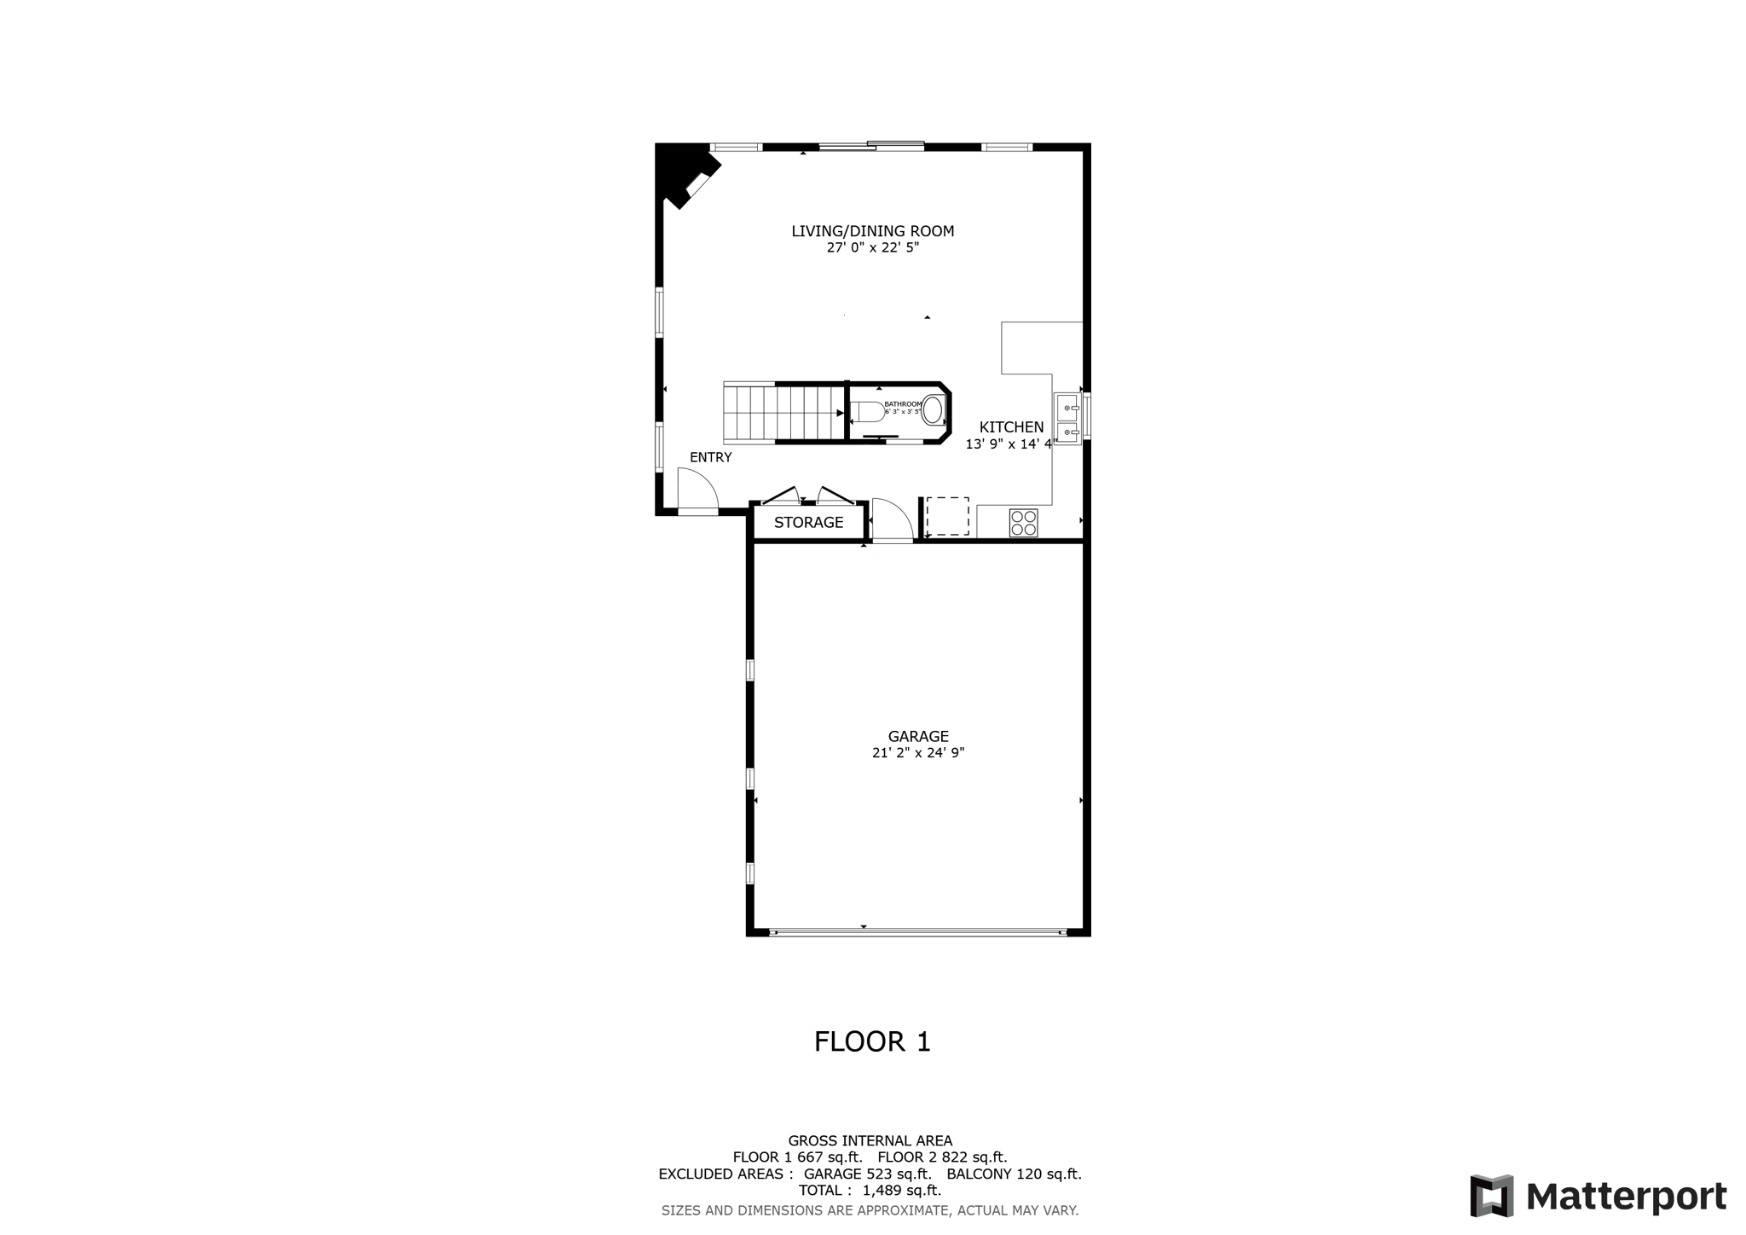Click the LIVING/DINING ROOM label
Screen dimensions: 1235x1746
click(x=872, y=231)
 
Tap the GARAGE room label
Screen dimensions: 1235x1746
click(x=918, y=736)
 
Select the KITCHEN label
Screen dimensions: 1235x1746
click(x=1011, y=427)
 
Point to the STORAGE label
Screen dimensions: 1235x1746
click(x=808, y=523)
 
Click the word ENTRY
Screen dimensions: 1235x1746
click(x=710, y=457)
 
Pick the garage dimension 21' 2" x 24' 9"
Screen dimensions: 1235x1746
click(x=918, y=753)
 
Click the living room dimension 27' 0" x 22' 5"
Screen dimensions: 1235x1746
click(x=872, y=248)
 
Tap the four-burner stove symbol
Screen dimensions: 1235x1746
click(x=1023, y=523)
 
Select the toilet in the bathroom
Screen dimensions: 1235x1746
click(x=867, y=413)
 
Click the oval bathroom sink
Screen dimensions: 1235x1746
click(x=933, y=411)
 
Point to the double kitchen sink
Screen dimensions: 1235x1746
click(x=1067, y=420)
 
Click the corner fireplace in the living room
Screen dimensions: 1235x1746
click(x=686, y=177)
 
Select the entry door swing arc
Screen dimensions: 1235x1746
click(x=698, y=490)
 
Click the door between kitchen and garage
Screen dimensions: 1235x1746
click(x=892, y=519)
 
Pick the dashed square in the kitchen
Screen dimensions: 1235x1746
click(x=947, y=517)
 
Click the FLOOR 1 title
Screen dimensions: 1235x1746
click(x=872, y=1041)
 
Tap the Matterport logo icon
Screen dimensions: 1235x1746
click(x=1491, y=1196)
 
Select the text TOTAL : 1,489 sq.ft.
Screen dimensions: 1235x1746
click(x=870, y=1191)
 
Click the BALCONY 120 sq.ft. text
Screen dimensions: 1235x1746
click(x=1014, y=1174)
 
